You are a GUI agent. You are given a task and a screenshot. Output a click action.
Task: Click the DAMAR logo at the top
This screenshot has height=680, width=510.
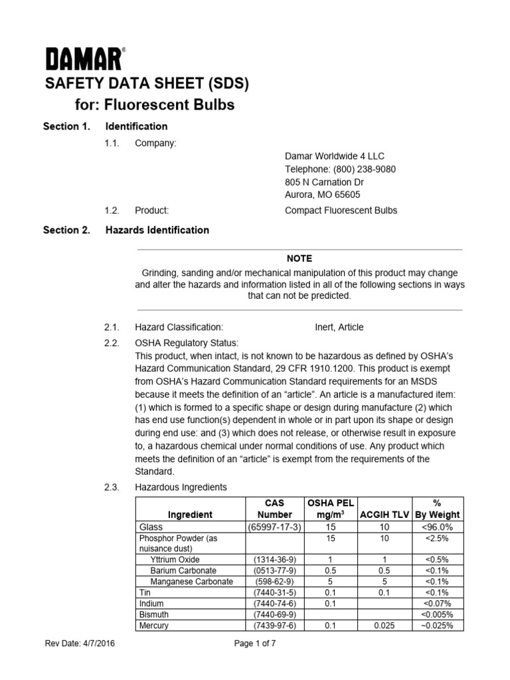tap(84, 59)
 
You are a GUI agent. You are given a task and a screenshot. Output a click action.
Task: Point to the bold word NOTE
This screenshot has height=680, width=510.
tap(299, 258)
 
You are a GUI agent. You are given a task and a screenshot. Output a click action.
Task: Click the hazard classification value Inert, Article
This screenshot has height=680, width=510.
tap(339, 327)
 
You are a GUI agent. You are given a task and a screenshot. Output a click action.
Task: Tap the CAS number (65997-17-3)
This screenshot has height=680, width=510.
tap(274, 527)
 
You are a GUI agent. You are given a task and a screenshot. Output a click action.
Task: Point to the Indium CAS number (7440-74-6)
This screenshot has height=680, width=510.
tap(274, 604)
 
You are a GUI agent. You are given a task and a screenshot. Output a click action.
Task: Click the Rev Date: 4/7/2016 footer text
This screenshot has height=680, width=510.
tap(79, 643)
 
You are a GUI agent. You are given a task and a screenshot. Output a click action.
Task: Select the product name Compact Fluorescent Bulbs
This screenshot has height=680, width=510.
tap(341, 211)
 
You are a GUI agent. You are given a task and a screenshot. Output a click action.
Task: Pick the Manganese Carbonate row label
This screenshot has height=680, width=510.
tap(191, 581)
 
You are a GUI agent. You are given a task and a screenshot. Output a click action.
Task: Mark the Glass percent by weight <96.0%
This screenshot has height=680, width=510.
tap(438, 527)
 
